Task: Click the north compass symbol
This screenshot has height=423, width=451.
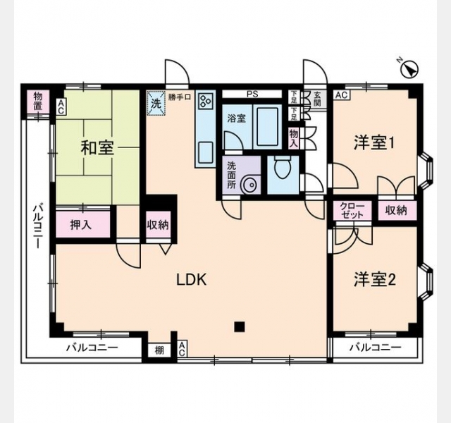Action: [409, 69]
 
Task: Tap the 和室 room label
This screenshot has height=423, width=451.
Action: [97, 148]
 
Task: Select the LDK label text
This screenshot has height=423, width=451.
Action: [191, 280]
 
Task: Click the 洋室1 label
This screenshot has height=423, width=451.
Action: [373, 142]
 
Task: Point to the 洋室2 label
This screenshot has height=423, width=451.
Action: [375, 279]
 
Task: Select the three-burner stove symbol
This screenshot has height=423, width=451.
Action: [206, 102]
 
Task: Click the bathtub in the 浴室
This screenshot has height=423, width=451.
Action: [267, 127]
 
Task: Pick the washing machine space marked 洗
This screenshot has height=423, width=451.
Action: [156, 104]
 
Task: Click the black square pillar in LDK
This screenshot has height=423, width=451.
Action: [240, 326]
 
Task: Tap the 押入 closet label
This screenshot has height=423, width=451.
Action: [81, 225]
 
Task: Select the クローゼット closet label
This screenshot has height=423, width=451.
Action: [352, 211]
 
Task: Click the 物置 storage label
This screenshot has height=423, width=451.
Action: [38, 101]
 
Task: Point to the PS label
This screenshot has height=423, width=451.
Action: [252, 94]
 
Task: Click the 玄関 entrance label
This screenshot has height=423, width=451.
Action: [317, 99]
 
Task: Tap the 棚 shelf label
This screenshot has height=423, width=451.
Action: [159, 350]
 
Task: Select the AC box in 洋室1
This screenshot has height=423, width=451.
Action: [342, 95]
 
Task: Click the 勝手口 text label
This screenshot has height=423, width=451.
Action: [180, 97]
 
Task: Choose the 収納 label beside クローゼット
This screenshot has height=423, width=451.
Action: [396, 211]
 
